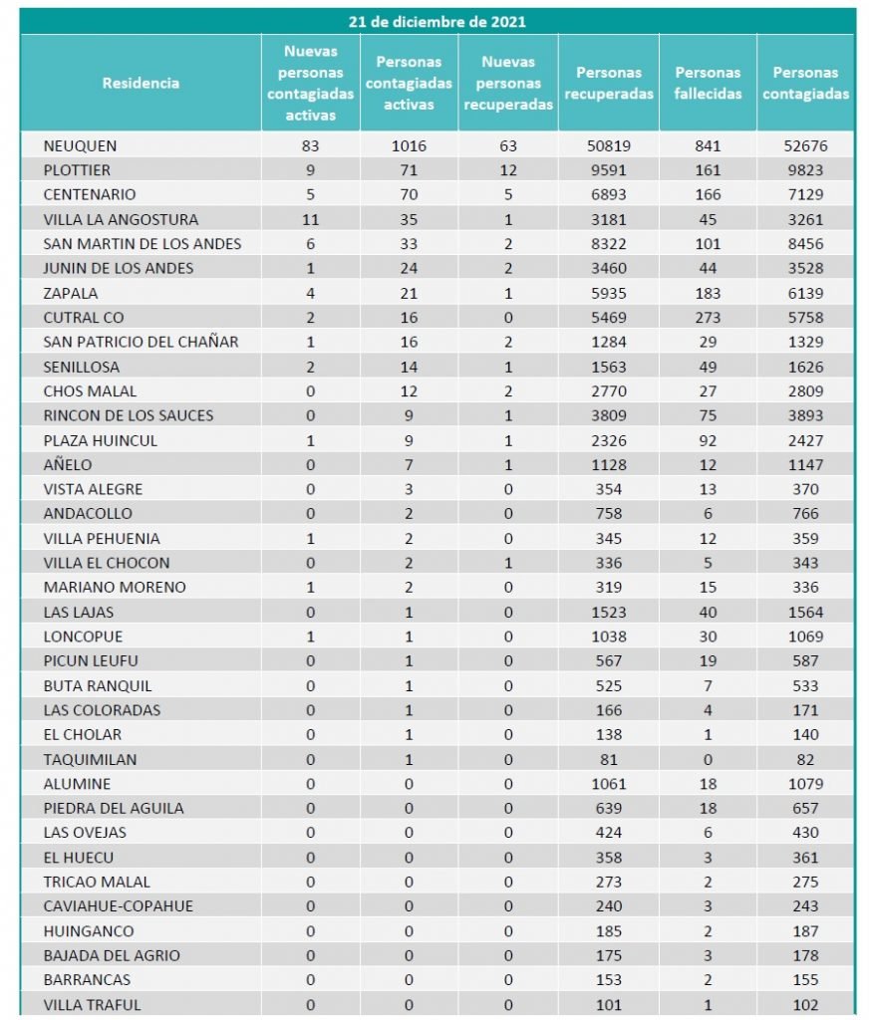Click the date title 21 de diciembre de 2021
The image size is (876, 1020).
pos(438,21)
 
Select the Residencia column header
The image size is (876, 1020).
pos(141,84)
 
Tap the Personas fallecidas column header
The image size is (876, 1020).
pos(708,84)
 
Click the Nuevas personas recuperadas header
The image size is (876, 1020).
pos(508,84)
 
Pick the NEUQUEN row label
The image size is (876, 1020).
pos(80,145)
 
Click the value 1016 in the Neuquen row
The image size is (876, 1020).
pos(409,145)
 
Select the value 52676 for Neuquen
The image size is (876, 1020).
pos(805,145)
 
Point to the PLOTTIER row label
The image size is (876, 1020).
pos(77,170)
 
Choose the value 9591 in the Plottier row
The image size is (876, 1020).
pos(608,170)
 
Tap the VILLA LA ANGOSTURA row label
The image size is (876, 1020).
pos(121,219)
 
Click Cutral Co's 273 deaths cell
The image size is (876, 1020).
pos(708,317)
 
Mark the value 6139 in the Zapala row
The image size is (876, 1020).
pos(805,293)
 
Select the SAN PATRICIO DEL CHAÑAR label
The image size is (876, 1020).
pos(141,342)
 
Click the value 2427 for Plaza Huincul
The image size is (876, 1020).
pos(805,440)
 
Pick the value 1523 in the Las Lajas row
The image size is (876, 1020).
pos(608,612)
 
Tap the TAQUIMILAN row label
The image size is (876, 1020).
pos(90,759)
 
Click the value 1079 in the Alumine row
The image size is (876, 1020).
pos(805,784)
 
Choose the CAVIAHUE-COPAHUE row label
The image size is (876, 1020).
pos(118,906)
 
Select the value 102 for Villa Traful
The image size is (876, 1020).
pos(805,1004)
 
